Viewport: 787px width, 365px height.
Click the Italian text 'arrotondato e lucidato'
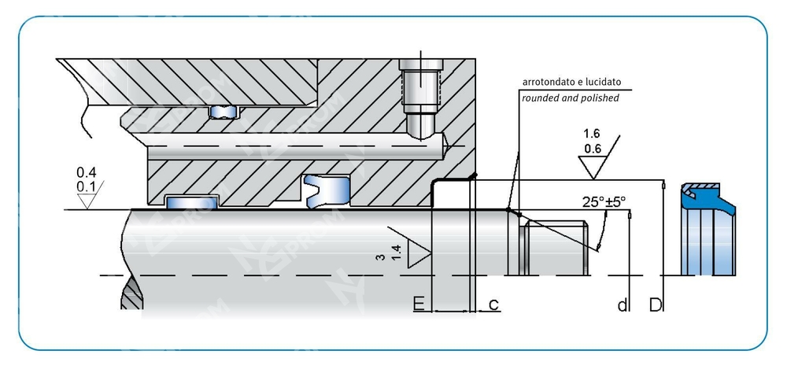click(571, 82)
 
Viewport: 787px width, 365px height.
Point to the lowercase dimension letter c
click(493, 304)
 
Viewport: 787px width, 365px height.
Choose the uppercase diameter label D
click(655, 304)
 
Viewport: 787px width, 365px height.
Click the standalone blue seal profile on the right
click(708, 228)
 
